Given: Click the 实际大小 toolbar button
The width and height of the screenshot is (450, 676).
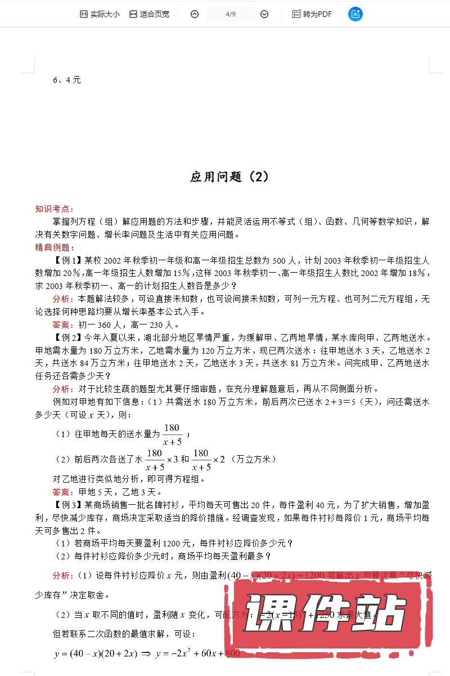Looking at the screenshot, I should tap(100, 14).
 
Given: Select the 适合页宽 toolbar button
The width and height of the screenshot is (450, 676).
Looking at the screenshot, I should tap(149, 14).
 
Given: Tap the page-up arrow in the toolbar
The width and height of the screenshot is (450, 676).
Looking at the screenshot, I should tap(195, 14).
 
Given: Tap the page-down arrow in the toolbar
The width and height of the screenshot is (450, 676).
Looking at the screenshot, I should tap(264, 14).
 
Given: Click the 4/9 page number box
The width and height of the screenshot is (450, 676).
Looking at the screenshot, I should tap(229, 14).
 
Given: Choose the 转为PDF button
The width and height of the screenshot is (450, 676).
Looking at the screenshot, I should tap(312, 14).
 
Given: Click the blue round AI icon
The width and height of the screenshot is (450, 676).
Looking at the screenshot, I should tap(355, 14).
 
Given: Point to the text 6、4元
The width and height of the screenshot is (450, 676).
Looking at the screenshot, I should tap(67, 80).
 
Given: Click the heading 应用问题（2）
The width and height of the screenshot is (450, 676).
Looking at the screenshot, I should tap(229, 177).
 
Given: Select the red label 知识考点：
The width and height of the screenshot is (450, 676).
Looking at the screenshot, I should tap(55, 209).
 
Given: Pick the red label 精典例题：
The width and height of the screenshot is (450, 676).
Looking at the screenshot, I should tap(55, 247).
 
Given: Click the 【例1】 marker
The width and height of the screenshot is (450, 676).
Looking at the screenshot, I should tap(68, 260).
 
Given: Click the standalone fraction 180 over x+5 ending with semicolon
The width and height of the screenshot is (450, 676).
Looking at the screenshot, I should tap(172, 435).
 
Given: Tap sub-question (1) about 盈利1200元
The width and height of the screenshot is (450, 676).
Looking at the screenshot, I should tap(174, 544).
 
